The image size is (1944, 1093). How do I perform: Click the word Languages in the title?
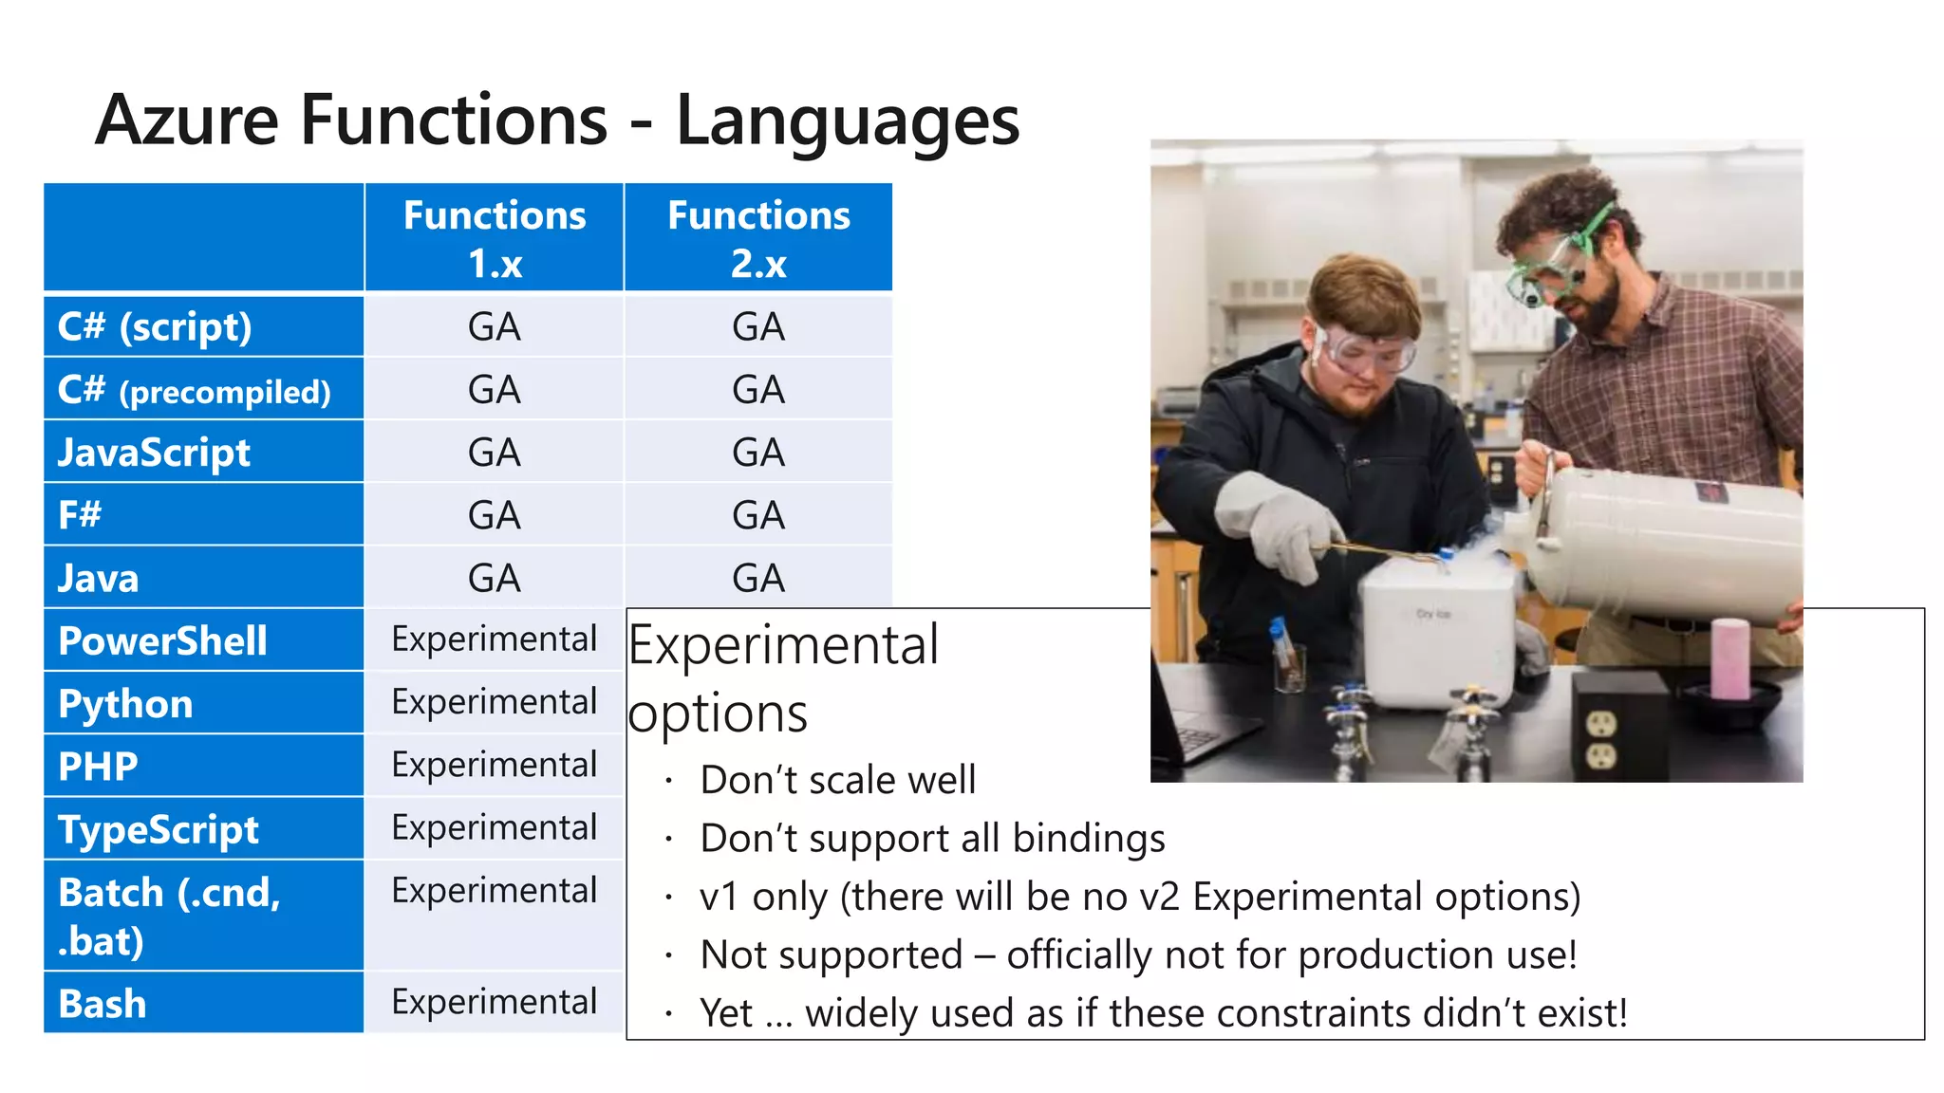tap(847, 121)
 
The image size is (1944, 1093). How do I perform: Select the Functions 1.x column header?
tap(495, 238)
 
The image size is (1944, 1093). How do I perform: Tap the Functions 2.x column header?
tap(758, 238)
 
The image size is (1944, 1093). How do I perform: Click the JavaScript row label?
tap(154, 453)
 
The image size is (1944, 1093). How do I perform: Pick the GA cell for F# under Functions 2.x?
tap(758, 515)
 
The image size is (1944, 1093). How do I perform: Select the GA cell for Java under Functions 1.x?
tap(495, 578)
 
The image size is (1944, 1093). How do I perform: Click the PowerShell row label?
tap(162, 640)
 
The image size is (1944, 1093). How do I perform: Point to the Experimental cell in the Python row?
tap(495, 702)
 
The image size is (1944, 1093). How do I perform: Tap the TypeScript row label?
tap(158, 829)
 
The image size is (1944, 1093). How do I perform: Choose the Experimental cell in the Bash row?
tap(495, 1002)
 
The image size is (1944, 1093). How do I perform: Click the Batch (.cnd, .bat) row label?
tap(169, 916)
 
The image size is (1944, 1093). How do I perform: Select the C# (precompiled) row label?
tap(194, 390)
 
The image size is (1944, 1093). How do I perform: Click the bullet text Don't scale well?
tap(837, 780)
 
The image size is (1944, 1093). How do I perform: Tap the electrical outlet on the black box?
tap(1602, 740)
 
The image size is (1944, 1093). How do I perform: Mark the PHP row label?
tap(98, 767)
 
